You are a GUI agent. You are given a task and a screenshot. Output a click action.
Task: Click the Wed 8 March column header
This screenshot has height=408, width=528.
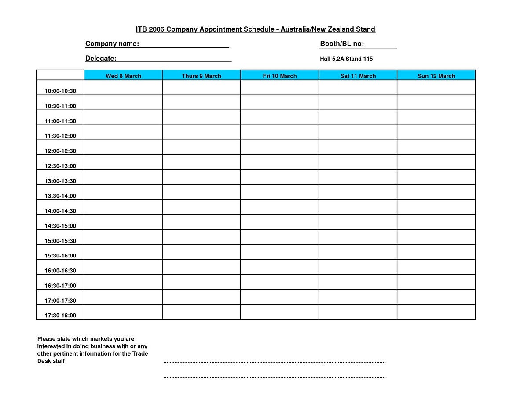click(x=123, y=76)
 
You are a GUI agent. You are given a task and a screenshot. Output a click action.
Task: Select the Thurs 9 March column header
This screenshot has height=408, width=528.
click(x=202, y=76)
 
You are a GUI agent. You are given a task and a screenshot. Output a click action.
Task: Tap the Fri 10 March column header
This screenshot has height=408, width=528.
click(x=280, y=76)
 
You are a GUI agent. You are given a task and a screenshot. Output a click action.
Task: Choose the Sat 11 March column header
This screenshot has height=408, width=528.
click(x=358, y=76)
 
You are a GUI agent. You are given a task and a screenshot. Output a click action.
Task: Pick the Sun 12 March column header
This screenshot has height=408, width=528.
click(x=436, y=76)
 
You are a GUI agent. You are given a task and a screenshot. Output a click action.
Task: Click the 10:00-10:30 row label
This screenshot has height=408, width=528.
click(x=60, y=91)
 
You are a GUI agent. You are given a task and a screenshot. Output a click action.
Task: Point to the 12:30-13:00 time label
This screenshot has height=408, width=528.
click(x=60, y=166)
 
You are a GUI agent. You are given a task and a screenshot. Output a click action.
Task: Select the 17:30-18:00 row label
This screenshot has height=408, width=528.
click(x=60, y=315)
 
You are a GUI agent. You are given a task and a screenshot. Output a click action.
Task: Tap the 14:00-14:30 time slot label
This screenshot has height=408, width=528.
click(x=60, y=211)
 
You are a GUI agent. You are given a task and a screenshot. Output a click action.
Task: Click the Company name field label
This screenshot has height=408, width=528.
click(x=112, y=44)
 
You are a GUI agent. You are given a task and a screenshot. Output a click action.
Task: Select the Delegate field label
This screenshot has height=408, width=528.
click(x=101, y=59)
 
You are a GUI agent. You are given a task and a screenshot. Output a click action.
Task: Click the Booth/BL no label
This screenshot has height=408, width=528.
click(x=342, y=44)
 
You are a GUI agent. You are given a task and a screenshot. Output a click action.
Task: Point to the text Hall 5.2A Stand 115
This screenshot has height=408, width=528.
click(x=346, y=59)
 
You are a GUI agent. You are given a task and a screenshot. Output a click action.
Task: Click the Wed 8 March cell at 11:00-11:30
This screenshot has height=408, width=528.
click(x=123, y=117)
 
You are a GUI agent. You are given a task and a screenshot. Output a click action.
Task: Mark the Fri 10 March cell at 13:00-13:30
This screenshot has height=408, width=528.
click(x=280, y=177)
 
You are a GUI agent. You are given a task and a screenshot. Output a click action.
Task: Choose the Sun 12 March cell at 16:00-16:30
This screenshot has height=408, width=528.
click(x=436, y=267)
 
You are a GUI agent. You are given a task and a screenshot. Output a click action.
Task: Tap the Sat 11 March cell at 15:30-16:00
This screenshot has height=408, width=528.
click(x=358, y=252)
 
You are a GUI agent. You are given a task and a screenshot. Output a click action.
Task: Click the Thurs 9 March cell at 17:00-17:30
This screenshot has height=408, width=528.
click(x=202, y=297)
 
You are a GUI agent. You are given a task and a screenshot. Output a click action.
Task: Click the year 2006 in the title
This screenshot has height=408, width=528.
click(x=156, y=29)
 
